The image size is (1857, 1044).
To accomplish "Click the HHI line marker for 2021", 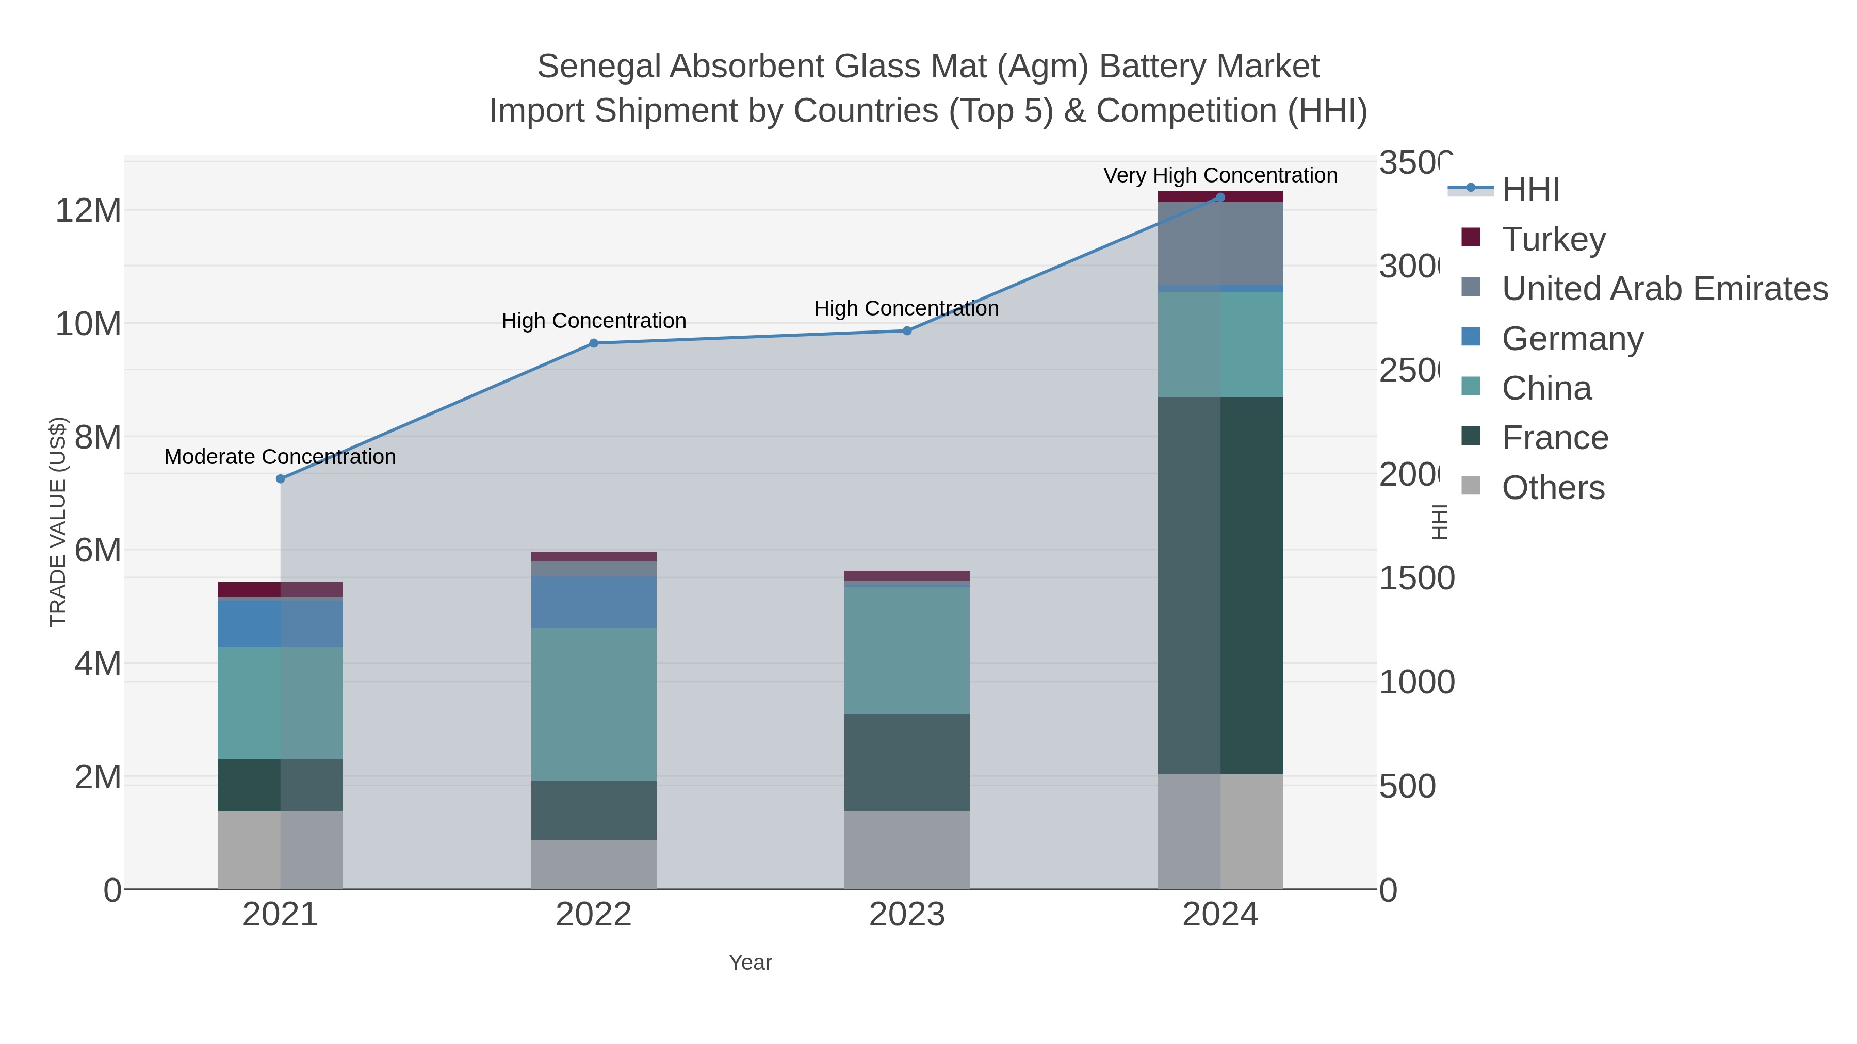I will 281,478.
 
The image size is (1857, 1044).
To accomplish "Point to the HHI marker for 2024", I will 1220,197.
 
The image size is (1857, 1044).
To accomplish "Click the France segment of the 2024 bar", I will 1220,585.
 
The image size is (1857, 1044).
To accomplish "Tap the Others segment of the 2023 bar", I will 907,850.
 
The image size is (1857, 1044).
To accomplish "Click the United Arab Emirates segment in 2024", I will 1220,243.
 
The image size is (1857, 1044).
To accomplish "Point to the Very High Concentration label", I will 1220,175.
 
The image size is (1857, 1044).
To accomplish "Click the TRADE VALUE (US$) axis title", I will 58,522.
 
